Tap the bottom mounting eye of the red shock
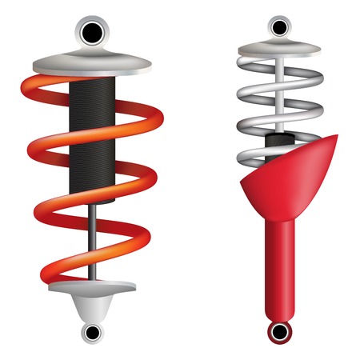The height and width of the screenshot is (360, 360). tap(278, 331)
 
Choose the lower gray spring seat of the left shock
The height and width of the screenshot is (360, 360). tap(94, 286)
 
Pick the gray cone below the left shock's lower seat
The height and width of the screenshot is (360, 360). tap(94, 308)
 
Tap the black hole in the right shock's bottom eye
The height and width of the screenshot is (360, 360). tap(278, 331)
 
